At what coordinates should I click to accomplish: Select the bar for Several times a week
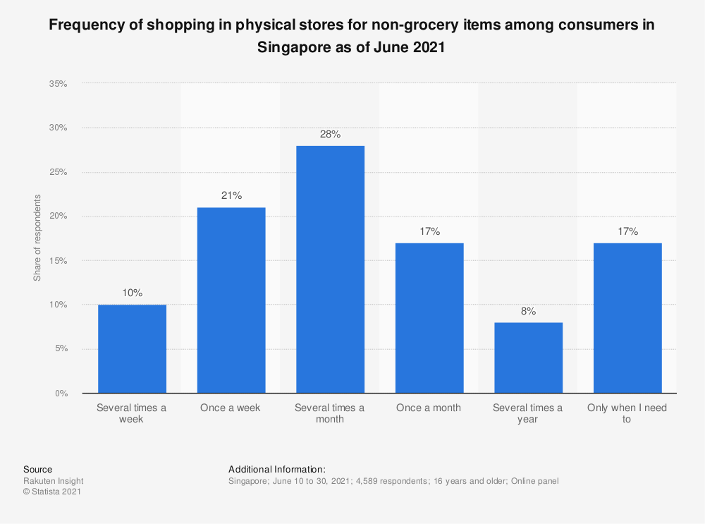click(132, 348)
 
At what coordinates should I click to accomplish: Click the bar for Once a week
click(231, 300)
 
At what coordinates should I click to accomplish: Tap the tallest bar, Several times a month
click(330, 269)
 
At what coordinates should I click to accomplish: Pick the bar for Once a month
click(429, 317)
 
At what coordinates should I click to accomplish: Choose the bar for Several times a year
click(528, 358)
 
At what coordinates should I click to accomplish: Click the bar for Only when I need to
click(627, 317)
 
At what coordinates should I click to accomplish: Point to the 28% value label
click(330, 134)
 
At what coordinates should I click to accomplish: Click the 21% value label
click(231, 196)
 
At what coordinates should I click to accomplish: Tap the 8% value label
click(528, 311)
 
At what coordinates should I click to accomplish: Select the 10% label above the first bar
click(132, 293)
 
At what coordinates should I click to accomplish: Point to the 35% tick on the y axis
click(58, 84)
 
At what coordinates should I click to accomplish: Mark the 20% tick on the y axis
click(58, 217)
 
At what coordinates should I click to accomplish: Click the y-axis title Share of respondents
click(37, 238)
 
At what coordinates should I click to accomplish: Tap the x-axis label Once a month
click(429, 408)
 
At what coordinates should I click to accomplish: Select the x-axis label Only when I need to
click(627, 413)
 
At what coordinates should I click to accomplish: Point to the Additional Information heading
click(276, 469)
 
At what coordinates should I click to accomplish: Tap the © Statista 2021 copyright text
click(51, 492)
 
